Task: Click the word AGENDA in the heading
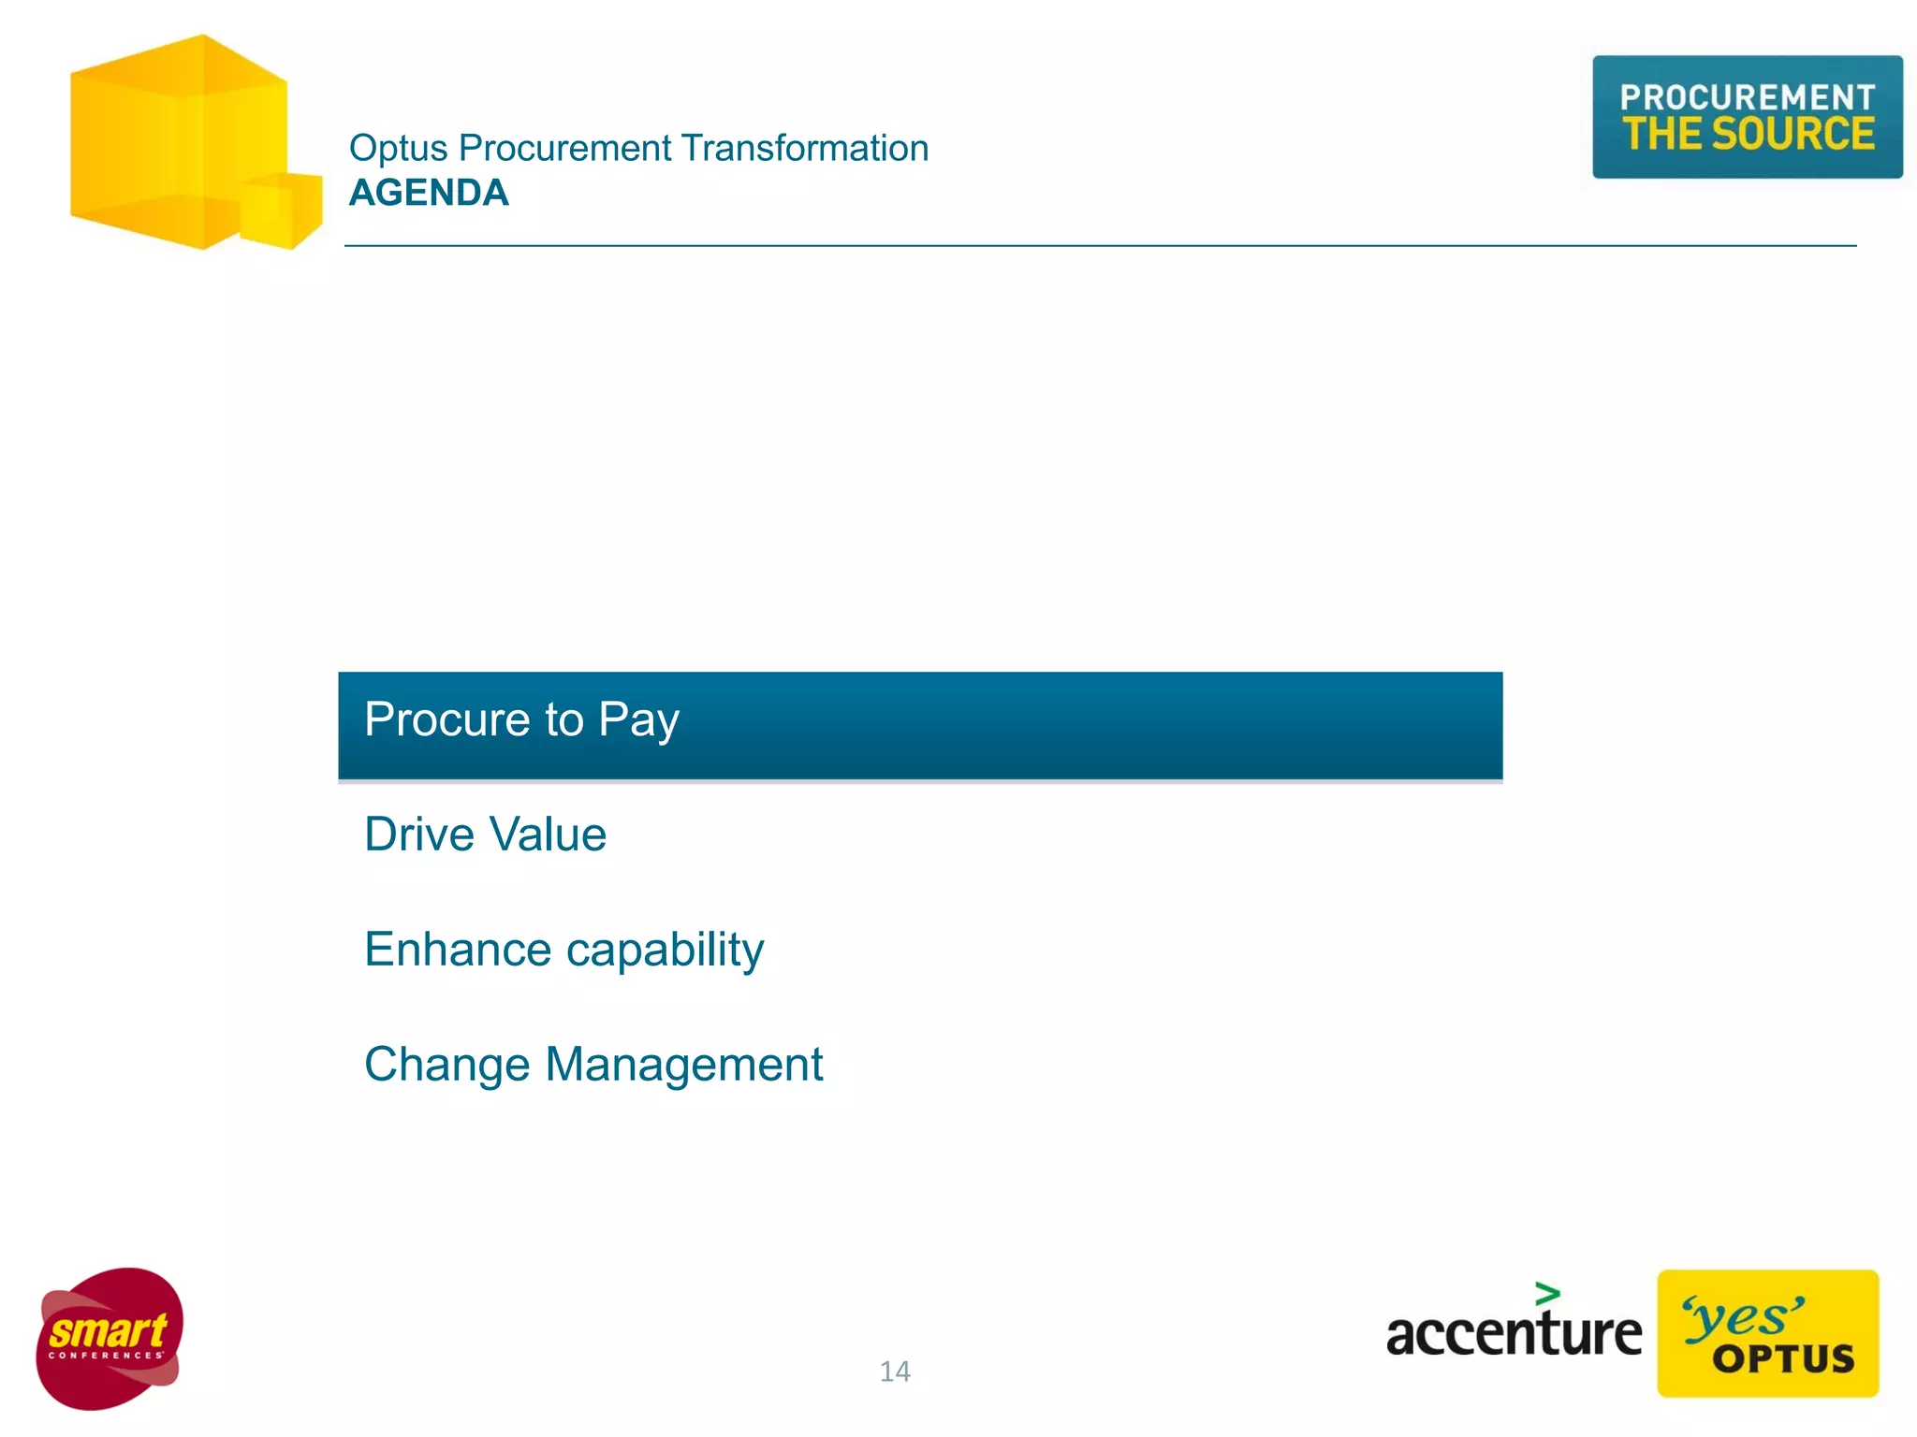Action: (x=429, y=193)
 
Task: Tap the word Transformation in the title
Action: (x=804, y=148)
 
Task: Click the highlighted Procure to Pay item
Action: (x=919, y=725)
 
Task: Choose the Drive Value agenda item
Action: (x=485, y=835)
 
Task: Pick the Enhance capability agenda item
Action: (x=563, y=951)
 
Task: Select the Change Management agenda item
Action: (x=593, y=1065)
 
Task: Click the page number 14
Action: (x=895, y=1372)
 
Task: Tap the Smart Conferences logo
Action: (x=110, y=1338)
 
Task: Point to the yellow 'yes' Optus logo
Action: (x=1767, y=1333)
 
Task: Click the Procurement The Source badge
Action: (x=1747, y=117)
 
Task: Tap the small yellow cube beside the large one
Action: (x=281, y=210)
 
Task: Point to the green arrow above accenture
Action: (x=1547, y=1294)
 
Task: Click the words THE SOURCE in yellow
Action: (x=1748, y=134)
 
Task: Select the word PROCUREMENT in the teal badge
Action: (x=1747, y=96)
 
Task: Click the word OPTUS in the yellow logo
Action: (x=1783, y=1359)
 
